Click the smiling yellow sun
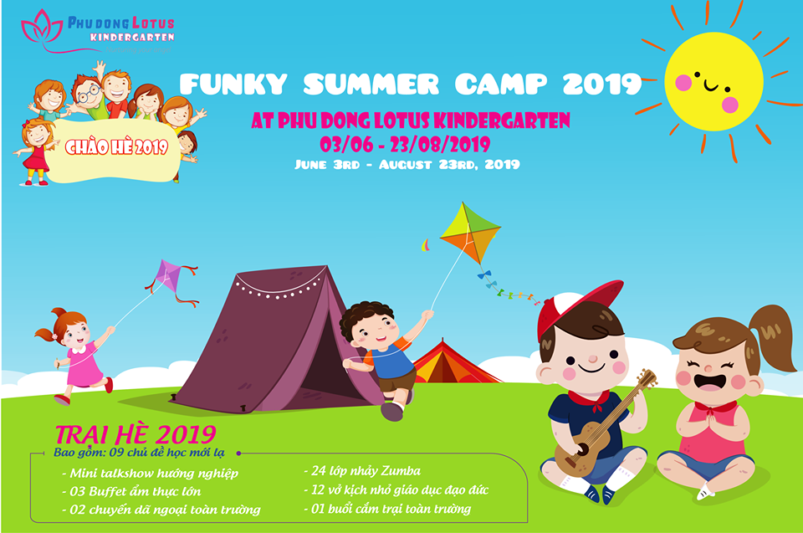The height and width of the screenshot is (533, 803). [713, 81]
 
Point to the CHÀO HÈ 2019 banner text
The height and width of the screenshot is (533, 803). [116, 148]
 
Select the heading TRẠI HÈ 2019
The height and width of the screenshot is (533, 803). [135, 434]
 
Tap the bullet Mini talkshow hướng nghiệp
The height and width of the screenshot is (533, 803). [151, 473]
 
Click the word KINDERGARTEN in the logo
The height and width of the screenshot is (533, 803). [132, 38]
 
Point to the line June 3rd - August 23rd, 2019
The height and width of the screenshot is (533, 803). [407, 164]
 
